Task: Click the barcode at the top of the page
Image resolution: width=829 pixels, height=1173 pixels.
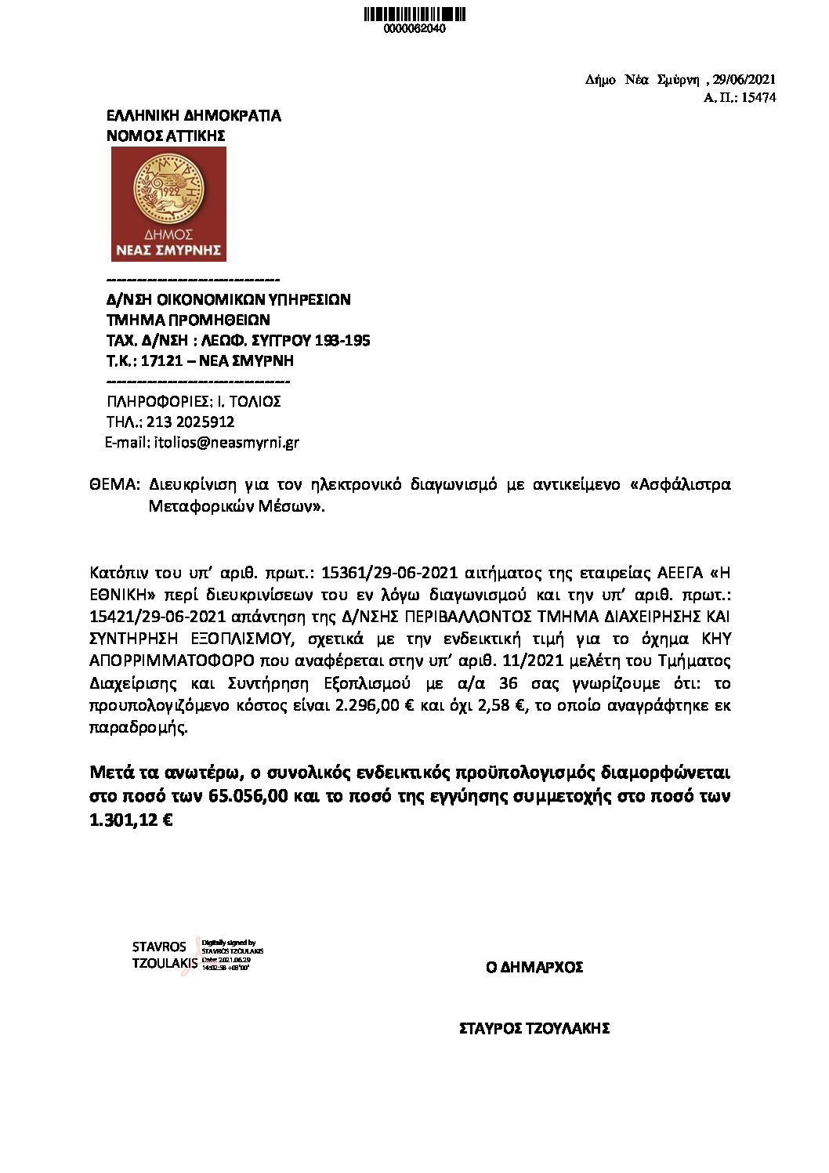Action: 414,14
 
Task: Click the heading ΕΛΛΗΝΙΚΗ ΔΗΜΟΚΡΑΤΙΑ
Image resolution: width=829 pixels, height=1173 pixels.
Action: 194,116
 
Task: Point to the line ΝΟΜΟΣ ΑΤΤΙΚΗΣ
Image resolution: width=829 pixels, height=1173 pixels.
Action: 165,136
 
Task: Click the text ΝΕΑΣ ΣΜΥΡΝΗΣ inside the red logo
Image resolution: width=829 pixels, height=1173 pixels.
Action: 168,251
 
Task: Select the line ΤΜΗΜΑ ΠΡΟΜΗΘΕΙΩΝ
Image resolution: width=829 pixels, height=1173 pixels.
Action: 188,320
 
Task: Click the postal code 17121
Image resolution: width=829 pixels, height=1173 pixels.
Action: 161,361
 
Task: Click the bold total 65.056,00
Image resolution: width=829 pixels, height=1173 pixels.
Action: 252,797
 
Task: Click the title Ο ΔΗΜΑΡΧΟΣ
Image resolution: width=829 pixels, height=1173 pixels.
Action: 534,967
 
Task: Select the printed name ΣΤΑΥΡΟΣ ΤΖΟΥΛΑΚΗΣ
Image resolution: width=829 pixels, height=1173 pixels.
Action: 534,1029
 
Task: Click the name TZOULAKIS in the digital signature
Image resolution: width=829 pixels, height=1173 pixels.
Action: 165,964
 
